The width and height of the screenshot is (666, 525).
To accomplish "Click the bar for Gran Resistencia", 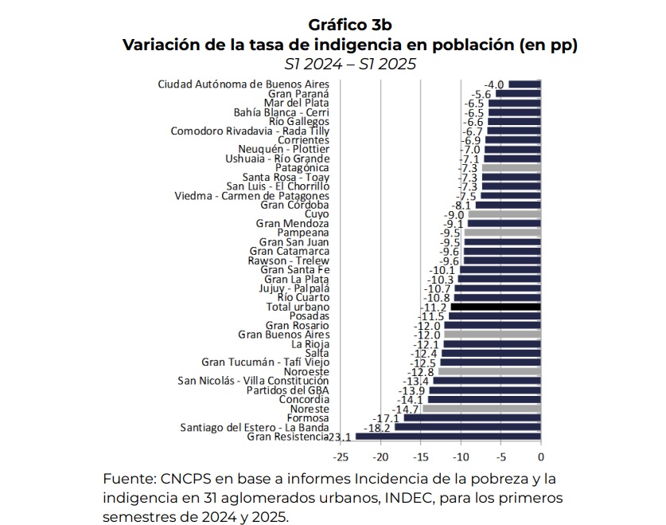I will click(x=448, y=437).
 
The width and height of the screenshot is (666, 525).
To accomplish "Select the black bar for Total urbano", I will click(x=496, y=307).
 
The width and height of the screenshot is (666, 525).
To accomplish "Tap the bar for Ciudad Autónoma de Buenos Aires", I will click(x=524, y=84).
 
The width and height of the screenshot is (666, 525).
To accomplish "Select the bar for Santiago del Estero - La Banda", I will click(x=467, y=427).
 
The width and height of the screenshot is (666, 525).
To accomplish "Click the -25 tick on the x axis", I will click(x=341, y=457).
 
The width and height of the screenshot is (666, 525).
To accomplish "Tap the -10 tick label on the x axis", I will click(x=461, y=457).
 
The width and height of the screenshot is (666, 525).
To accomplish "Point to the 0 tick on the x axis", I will click(x=540, y=457).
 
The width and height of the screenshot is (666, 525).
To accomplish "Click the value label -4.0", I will click(x=495, y=84).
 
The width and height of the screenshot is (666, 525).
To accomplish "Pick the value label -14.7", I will click(x=408, y=409).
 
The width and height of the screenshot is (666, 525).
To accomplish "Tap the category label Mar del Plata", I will click(x=296, y=103).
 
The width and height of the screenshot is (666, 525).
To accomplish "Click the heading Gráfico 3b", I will click(x=351, y=25).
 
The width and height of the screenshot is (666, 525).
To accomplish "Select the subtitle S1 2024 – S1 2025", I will click(x=351, y=65).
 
